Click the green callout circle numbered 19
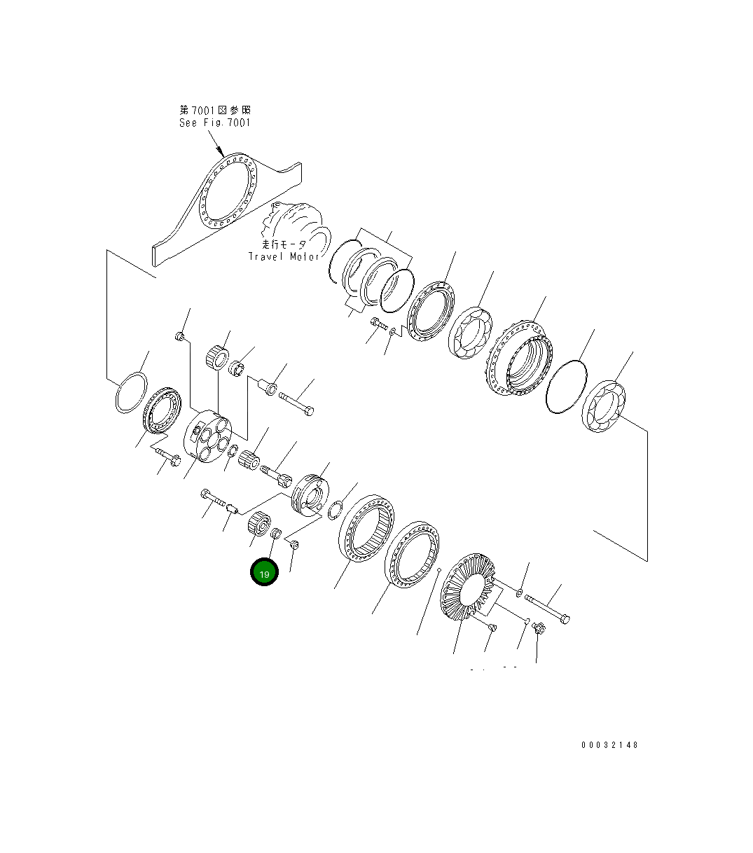click(264, 571)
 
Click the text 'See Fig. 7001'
click(215, 123)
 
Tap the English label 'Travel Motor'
click(284, 256)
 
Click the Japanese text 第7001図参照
click(215, 111)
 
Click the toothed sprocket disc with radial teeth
click(468, 586)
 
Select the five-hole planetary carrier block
click(207, 436)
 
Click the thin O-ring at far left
click(132, 392)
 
